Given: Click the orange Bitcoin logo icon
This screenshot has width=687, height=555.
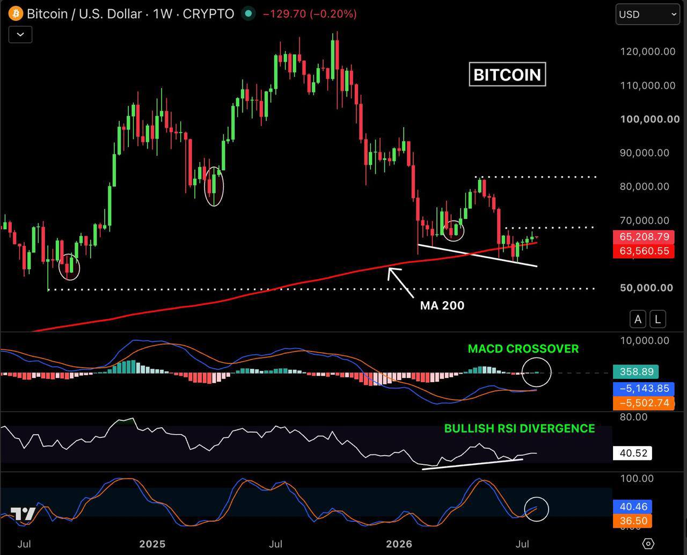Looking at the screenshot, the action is point(16,14).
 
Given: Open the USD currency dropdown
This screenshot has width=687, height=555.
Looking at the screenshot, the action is point(648,14).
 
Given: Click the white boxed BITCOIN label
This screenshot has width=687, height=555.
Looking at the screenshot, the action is point(507,75).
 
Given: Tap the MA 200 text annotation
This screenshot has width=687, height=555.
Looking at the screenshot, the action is point(442,305).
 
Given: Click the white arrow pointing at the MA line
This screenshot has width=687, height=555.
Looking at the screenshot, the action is point(400,282).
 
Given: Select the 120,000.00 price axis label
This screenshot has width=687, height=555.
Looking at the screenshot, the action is point(648,52).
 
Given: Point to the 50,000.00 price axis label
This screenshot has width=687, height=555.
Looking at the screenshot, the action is point(646,288).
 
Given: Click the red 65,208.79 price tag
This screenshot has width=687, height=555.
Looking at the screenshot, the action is point(644,237).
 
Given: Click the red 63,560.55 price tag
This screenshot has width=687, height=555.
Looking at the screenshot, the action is point(644,251).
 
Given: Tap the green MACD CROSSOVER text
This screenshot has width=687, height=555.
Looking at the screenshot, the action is point(523,348).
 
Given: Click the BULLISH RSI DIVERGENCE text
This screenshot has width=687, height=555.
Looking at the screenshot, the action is point(520,428).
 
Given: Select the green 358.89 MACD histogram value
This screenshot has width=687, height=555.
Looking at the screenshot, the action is point(635,371).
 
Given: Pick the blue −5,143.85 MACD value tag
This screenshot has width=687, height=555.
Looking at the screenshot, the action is point(644,388).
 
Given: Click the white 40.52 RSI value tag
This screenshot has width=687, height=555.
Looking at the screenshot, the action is point(632,453).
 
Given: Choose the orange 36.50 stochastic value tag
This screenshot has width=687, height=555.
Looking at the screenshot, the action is point(632,521).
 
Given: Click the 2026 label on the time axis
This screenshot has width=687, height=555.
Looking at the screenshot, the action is point(399,544).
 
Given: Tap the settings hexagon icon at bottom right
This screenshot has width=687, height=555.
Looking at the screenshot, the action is point(648,544).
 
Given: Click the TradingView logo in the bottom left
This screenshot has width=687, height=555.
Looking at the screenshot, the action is point(23,514).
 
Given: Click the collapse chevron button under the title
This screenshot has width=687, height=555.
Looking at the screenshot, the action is point(20,34).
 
